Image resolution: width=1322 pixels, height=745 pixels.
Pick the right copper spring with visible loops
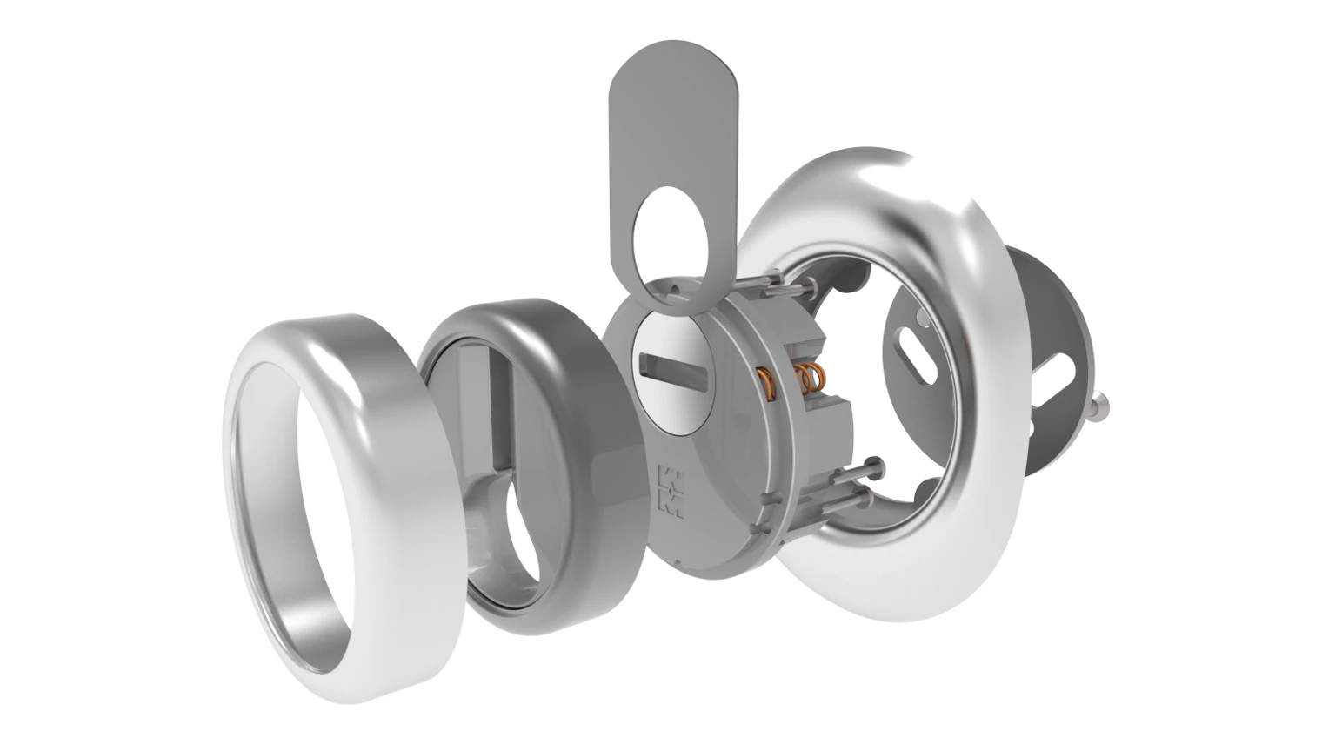point(808,378)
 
